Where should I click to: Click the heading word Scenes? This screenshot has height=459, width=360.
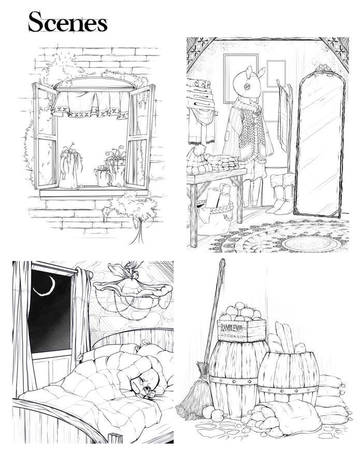[x=68, y=22]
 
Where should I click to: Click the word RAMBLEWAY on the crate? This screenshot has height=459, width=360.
[x=232, y=328]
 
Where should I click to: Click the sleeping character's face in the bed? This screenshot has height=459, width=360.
[x=145, y=384]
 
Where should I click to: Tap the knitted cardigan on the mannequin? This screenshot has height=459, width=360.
[x=249, y=132]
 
